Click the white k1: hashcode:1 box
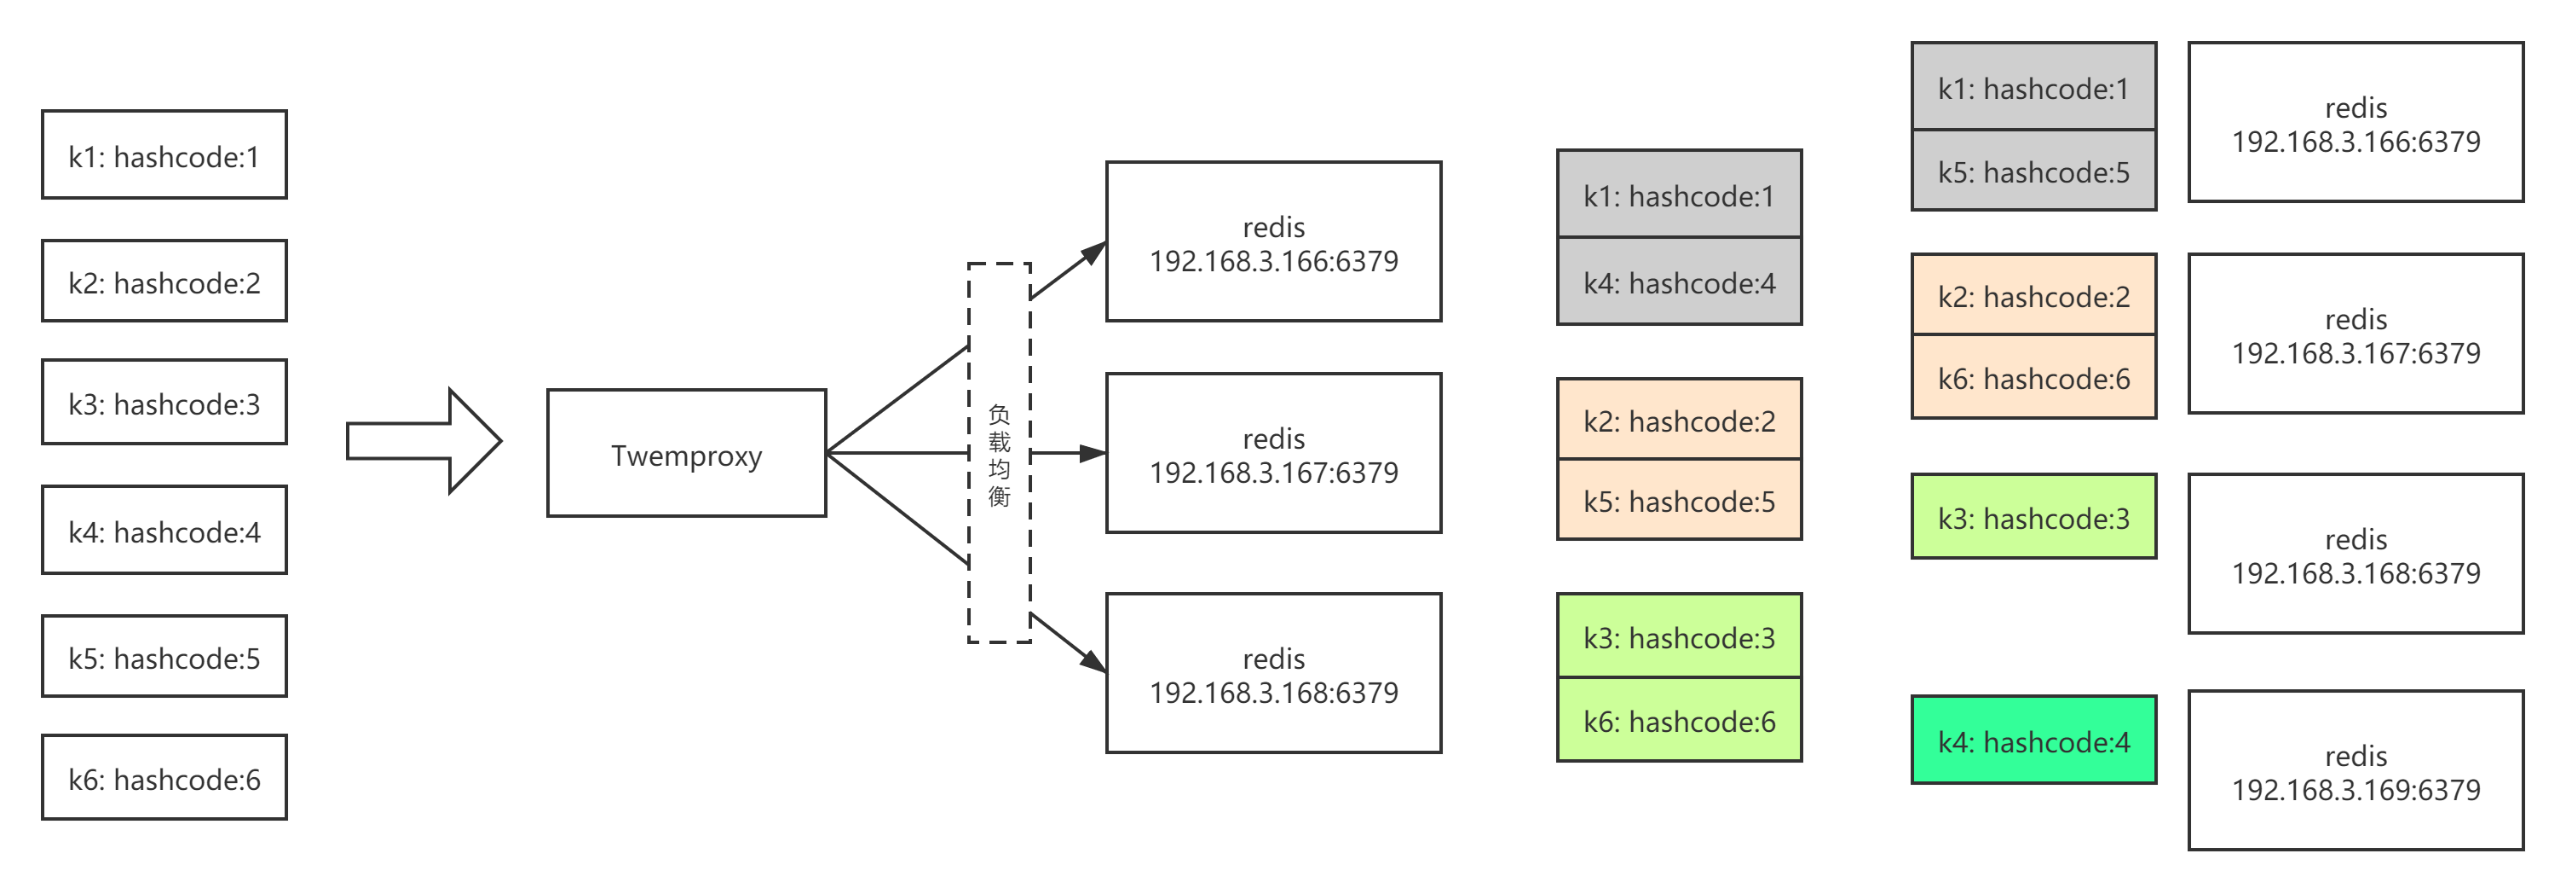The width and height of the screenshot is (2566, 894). click(x=164, y=155)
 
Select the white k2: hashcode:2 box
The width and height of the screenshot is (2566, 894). click(x=164, y=282)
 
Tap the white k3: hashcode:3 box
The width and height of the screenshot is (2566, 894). click(x=164, y=403)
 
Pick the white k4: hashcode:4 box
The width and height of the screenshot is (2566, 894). click(x=164, y=531)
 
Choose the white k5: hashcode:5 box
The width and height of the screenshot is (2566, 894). click(x=164, y=657)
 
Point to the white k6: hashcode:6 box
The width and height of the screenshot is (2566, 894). click(x=164, y=777)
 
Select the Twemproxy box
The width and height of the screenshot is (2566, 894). click(x=686, y=455)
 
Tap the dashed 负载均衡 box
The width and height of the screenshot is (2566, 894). click(x=999, y=454)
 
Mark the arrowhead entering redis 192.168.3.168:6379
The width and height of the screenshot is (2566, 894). click(x=1093, y=661)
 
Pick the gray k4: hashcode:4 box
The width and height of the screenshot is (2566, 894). click(x=1680, y=282)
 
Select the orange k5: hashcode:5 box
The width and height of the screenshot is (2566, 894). click(x=1680, y=501)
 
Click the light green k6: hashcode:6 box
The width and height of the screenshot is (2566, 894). click(x=1680, y=721)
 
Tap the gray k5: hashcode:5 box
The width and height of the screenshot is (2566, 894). click(x=2033, y=171)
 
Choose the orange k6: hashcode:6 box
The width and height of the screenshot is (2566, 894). click(x=2033, y=378)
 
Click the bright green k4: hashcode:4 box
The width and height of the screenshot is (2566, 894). click(x=2033, y=740)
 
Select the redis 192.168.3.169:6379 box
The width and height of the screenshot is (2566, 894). click(x=2355, y=770)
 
